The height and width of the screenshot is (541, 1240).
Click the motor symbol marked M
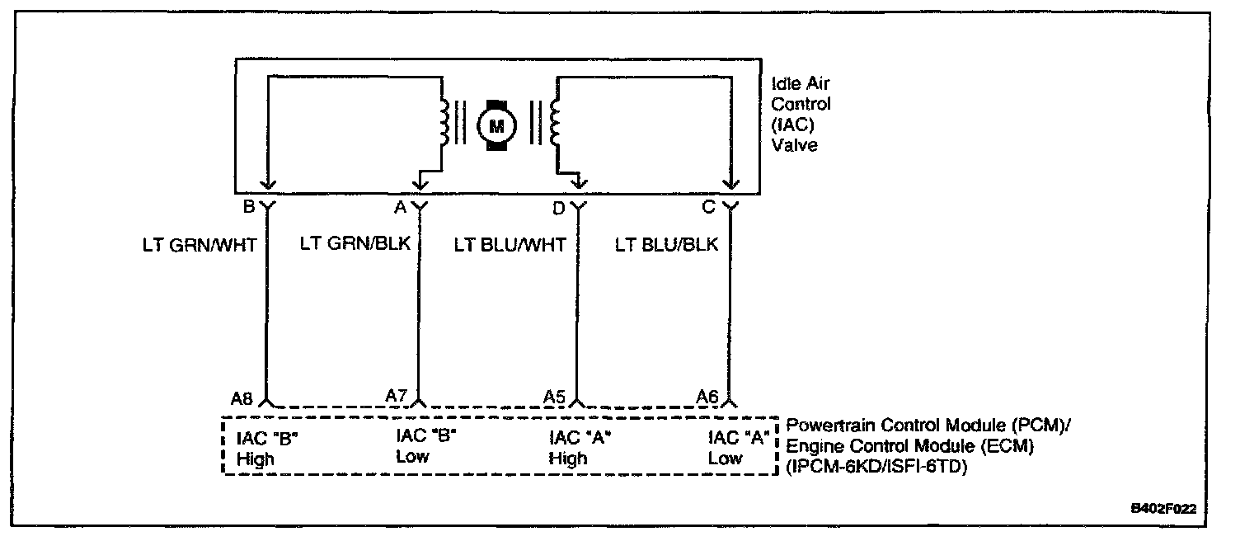[496, 125]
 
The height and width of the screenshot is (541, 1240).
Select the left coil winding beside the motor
[445, 123]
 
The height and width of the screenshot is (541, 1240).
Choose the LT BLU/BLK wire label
[667, 245]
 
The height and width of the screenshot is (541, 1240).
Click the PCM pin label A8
[242, 398]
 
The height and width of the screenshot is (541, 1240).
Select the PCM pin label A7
[397, 396]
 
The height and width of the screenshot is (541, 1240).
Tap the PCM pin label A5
[554, 396]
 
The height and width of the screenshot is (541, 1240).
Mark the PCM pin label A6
[707, 397]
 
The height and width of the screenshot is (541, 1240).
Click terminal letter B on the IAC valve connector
[248, 208]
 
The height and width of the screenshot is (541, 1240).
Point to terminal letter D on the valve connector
[558, 208]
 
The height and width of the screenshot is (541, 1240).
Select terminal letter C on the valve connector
[708, 208]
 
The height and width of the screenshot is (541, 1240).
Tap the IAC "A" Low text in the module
[738, 448]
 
